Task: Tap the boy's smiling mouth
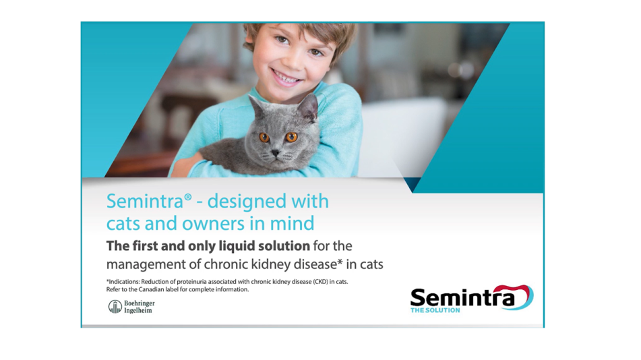(286, 76)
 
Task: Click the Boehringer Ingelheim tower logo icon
(115, 307)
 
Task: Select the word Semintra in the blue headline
(145, 202)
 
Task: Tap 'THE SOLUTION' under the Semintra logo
(435, 310)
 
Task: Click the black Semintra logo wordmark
(462, 297)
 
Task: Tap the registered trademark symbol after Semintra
(188, 197)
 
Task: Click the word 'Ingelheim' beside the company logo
(138, 311)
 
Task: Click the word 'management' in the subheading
(146, 265)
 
